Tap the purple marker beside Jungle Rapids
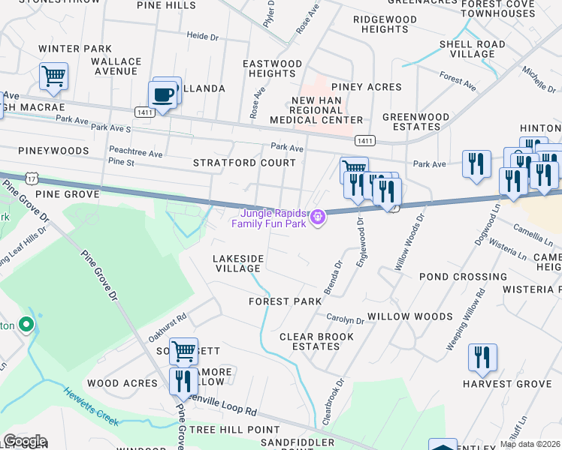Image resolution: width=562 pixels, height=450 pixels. click(319, 217)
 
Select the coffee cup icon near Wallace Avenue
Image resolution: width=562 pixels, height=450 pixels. click(162, 95)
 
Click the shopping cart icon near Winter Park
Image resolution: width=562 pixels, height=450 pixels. click(53, 76)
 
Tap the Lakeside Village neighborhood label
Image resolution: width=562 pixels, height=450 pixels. click(238, 263)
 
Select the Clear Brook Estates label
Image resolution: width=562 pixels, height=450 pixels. click(316, 341)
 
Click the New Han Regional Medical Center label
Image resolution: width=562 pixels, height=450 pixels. click(327, 110)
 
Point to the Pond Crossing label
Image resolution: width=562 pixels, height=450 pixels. click(453, 277)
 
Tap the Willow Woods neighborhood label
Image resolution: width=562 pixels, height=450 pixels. click(409, 316)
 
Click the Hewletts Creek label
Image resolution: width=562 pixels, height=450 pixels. click(90, 406)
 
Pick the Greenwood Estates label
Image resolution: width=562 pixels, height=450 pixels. click(415, 122)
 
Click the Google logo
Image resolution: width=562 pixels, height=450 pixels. click(25, 441)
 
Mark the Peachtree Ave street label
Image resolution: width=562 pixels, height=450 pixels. click(135, 154)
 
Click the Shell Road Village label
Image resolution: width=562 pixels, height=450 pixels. click(472, 49)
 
